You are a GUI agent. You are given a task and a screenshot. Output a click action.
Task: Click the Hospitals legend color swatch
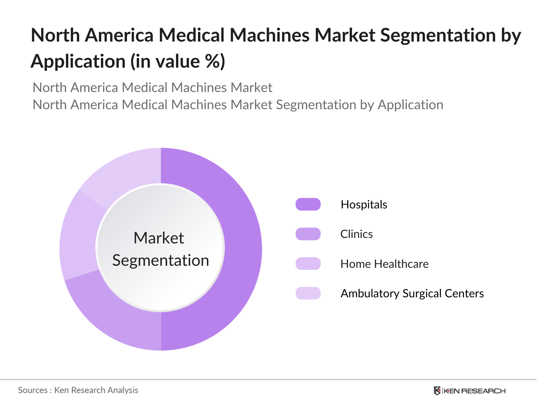(x=308, y=204)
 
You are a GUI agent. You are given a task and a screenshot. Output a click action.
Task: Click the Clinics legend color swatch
(x=308, y=234)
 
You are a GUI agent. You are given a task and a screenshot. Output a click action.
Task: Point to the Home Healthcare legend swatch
(x=308, y=264)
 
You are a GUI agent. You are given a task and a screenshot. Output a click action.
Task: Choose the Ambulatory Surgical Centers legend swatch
(x=308, y=293)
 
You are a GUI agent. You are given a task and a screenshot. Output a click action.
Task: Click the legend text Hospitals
(x=364, y=205)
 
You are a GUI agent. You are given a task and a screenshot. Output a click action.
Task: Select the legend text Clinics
(x=356, y=234)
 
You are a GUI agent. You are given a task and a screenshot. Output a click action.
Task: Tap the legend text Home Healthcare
(x=384, y=264)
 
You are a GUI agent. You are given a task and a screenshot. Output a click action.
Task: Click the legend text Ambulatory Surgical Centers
(x=412, y=294)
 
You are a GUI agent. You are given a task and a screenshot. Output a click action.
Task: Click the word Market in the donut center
(x=159, y=238)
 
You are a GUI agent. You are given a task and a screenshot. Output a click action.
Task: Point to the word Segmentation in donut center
(x=161, y=260)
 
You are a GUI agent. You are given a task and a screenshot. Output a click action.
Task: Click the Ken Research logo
(x=469, y=391)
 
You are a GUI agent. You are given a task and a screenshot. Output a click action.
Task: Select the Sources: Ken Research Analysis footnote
(x=78, y=390)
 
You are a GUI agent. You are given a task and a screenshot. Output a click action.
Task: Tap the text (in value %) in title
(x=177, y=62)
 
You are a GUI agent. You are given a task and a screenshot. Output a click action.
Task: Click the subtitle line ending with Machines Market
(x=152, y=88)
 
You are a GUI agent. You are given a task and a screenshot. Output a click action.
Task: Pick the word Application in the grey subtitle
(x=410, y=105)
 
